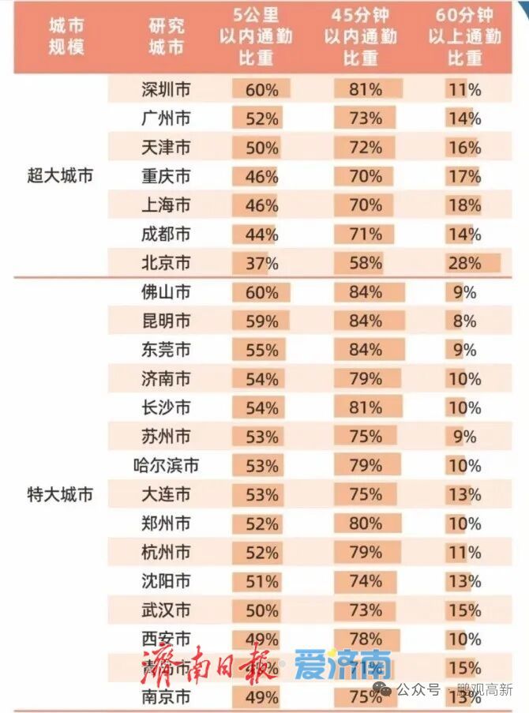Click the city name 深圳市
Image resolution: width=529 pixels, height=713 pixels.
click(x=166, y=90)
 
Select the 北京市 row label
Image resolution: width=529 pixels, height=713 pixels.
click(x=166, y=263)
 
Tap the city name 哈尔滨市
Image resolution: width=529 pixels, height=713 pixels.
click(x=166, y=466)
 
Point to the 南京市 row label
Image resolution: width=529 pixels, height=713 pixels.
click(x=166, y=697)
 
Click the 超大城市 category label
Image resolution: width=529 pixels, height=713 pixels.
click(x=60, y=176)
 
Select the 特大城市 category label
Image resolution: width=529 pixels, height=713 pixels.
click(x=60, y=495)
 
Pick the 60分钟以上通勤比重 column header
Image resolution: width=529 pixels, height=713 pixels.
click(x=464, y=36)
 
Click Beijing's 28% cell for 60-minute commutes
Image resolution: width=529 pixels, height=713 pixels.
click(x=464, y=263)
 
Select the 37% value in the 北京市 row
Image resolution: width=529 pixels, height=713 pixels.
click(x=261, y=263)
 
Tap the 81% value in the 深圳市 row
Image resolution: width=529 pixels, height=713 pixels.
click(x=366, y=90)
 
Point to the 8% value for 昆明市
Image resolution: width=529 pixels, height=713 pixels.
click(x=464, y=321)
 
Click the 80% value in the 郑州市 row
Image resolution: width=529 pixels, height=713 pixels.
click(x=366, y=523)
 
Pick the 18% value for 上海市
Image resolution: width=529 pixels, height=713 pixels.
click(x=464, y=205)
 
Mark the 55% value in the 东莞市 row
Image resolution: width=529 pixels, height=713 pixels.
click(x=261, y=350)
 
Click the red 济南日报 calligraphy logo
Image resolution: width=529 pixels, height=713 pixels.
click(x=210, y=665)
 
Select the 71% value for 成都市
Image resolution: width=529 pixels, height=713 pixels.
click(x=366, y=235)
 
